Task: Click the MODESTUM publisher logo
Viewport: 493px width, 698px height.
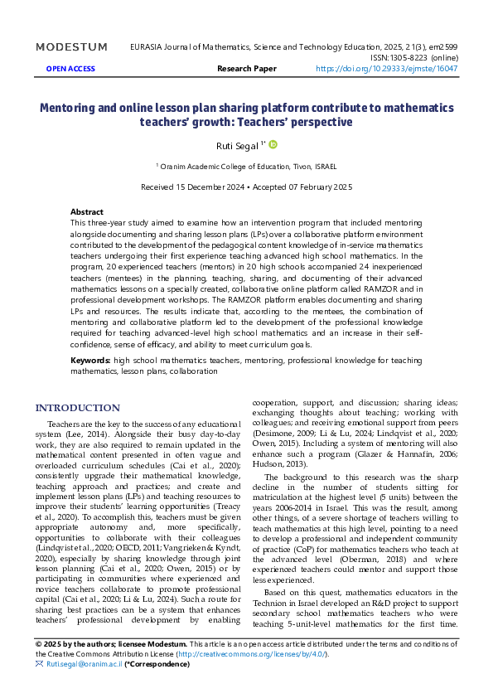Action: coord(71,47)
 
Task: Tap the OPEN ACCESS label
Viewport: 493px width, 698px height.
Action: coord(70,70)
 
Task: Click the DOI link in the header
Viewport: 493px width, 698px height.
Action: coord(388,70)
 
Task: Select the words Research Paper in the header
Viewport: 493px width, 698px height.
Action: coord(246,70)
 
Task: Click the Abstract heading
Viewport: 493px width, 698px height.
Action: coord(87,212)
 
